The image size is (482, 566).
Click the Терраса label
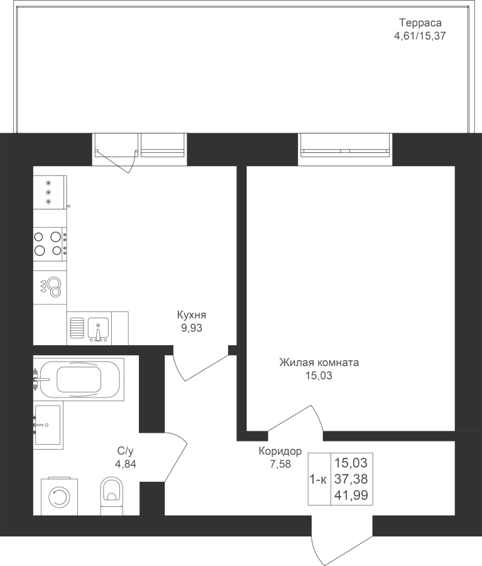(420, 23)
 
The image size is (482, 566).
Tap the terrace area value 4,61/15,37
(420, 36)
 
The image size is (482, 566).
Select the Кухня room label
(192, 315)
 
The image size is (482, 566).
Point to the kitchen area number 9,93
(192, 328)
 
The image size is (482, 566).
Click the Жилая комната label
(319, 362)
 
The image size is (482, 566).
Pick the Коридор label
(280, 451)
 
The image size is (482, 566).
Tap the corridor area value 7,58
(280, 464)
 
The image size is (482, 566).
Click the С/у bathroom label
(125, 451)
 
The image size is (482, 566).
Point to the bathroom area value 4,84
(126, 464)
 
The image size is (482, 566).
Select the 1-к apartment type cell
(318, 480)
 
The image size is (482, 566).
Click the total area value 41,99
(351, 496)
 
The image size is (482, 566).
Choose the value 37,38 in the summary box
(351, 479)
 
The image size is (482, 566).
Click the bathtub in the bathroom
(79, 379)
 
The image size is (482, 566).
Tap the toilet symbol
(111, 496)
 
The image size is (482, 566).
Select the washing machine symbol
(59, 497)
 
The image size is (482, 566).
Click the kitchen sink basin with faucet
(98, 329)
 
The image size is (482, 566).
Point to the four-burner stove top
(50, 243)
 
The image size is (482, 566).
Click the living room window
(346, 150)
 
